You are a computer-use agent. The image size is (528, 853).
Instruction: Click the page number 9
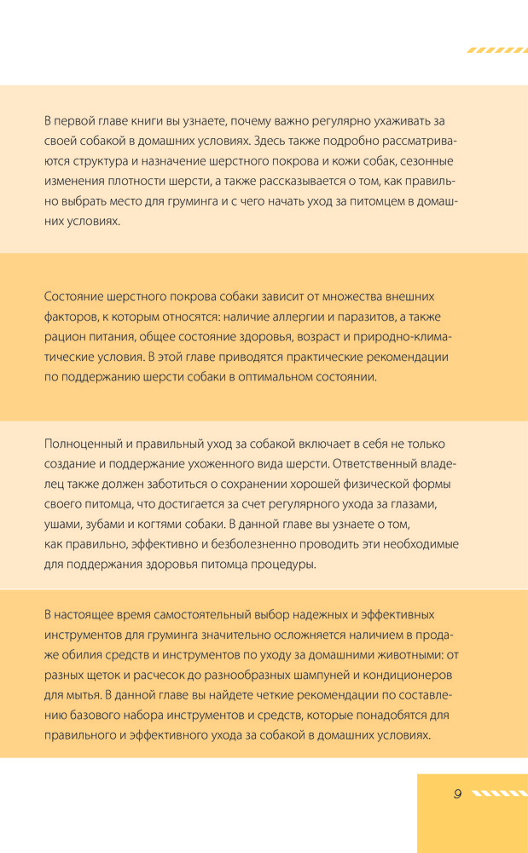pos(457,793)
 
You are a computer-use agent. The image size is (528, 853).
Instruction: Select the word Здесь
pos(270,140)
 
